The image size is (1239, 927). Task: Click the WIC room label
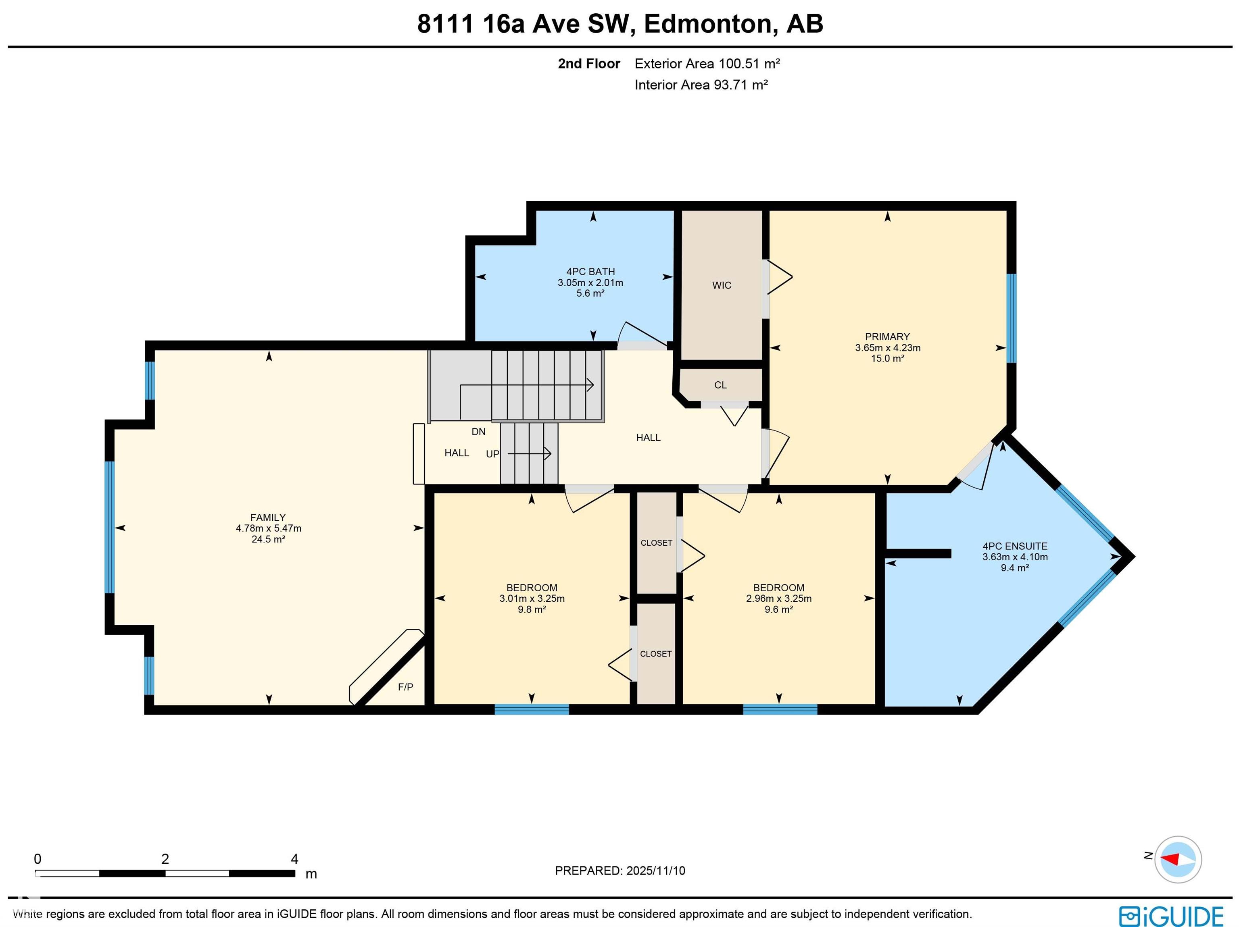[722, 285]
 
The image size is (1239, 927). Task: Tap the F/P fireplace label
[405, 687]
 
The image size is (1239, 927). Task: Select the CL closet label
[720, 385]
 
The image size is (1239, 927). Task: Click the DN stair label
[478, 432]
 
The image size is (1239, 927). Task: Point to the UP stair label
[492, 454]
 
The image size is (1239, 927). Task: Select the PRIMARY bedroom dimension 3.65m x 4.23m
[888, 347]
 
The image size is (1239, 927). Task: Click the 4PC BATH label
[590, 272]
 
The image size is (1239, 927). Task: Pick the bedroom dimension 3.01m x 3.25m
[532, 599]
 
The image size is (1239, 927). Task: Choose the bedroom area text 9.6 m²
[778, 609]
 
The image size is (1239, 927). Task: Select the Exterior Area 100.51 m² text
[707, 64]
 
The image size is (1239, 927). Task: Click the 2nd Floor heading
[589, 64]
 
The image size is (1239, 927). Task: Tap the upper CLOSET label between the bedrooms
[657, 543]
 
